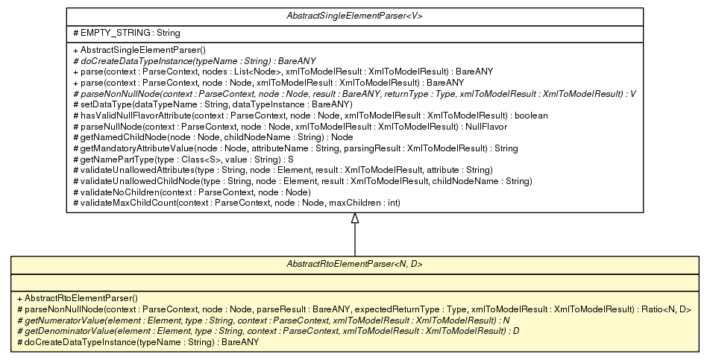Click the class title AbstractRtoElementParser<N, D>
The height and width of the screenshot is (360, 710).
[x=354, y=263]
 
